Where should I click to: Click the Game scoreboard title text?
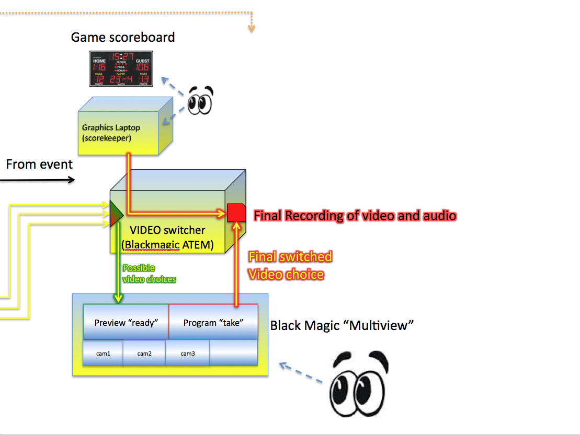pyautogui.click(x=123, y=37)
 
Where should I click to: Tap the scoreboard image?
pyautogui.click(x=121, y=68)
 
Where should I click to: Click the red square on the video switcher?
pyautogui.click(x=236, y=213)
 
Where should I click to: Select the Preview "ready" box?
pyautogui.click(x=126, y=322)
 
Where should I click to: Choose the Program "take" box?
pyautogui.click(x=213, y=322)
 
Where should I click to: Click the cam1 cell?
pyautogui.click(x=103, y=354)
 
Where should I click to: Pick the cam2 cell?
pyautogui.click(x=144, y=354)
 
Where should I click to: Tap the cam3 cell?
pyautogui.click(x=188, y=354)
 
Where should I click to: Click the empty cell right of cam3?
pyautogui.click(x=234, y=354)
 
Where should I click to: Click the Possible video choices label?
pyautogui.click(x=149, y=274)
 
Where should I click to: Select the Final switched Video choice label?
pyautogui.click(x=290, y=265)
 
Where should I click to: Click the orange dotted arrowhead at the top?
pyautogui.click(x=251, y=28)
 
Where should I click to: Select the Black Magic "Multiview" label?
pyautogui.click(x=342, y=326)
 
